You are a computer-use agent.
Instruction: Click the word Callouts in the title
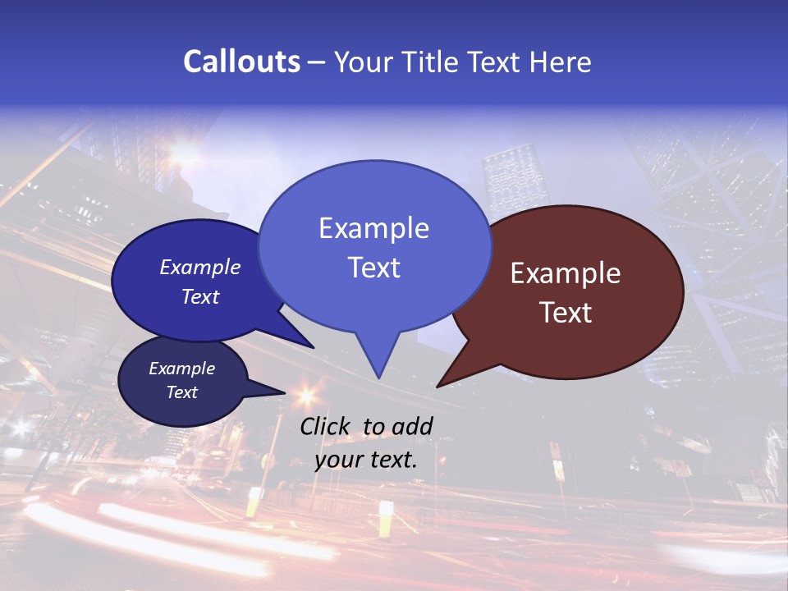tap(241, 62)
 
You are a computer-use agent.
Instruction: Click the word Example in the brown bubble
tap(566, 273)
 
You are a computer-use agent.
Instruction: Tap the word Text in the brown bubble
tap(566, 313)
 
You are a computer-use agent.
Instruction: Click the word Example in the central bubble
tap(373, 228)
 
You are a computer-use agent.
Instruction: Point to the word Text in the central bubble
tap(373, 268)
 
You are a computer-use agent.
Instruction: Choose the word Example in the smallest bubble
tap(182, 369)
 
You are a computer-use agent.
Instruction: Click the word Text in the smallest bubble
tap(182, 392)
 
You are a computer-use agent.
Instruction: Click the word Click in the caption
tap(326, 427)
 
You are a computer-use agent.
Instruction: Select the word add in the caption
tap(412, 427)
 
